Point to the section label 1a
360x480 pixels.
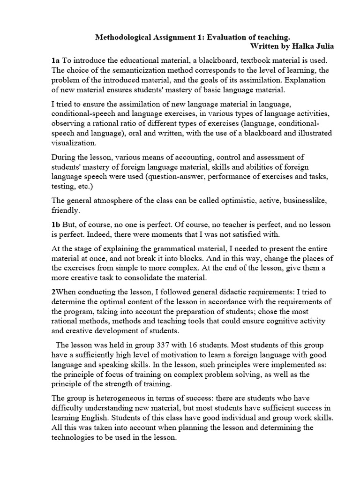click(56, 60)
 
